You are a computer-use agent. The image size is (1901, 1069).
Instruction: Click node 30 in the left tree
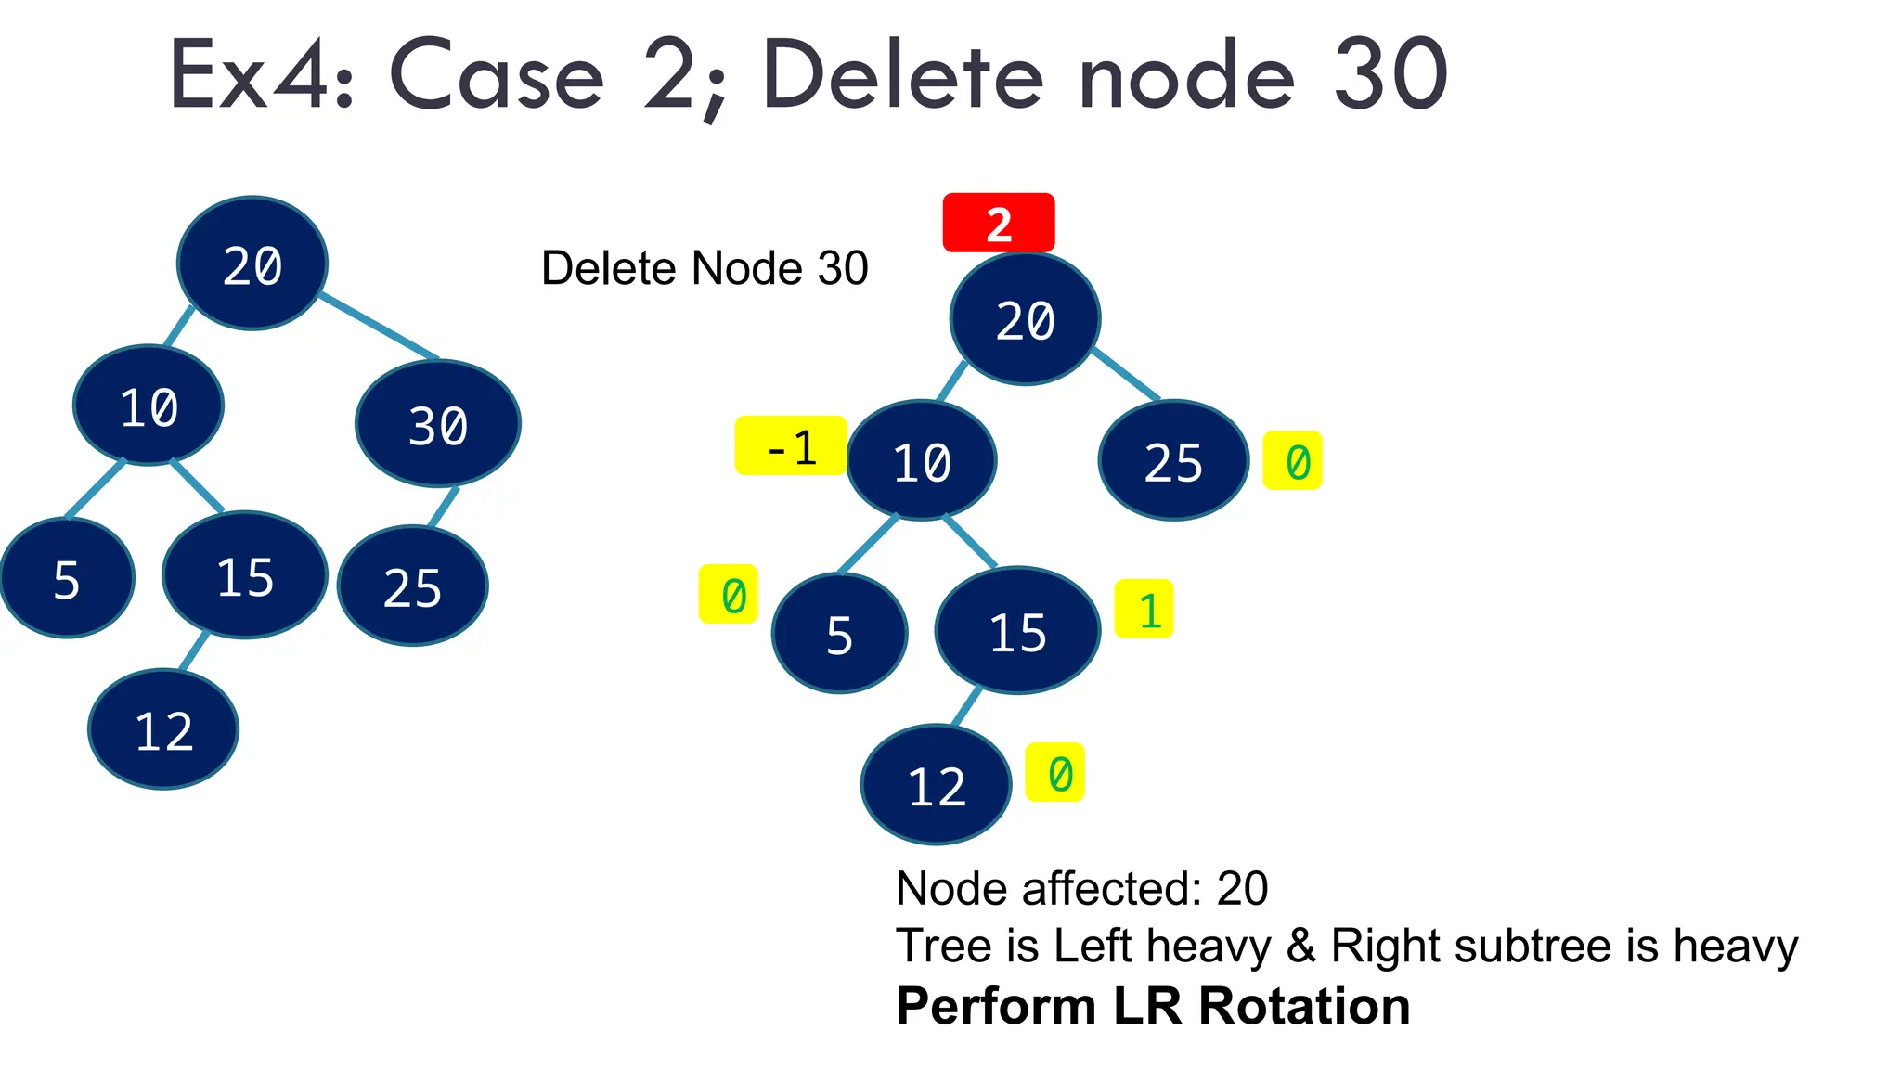438,424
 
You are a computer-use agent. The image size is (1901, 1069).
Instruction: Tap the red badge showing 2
999,223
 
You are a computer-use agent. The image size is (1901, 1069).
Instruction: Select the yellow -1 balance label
790,446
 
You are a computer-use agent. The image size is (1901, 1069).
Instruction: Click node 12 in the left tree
163,729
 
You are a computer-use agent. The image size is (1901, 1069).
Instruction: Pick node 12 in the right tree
936,785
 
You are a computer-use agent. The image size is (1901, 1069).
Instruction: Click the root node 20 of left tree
252,264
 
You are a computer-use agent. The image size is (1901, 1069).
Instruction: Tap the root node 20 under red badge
1025,319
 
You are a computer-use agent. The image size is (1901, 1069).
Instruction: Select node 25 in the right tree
1173,461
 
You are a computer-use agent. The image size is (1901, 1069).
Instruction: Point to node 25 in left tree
413,586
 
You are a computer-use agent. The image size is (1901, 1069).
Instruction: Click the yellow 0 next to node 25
1293,461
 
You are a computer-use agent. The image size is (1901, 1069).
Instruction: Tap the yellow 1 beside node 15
1144,610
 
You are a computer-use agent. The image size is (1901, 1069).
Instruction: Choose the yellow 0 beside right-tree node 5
729,595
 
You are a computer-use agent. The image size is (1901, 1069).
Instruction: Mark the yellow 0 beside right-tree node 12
1055,772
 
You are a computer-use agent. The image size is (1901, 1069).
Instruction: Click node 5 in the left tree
67,579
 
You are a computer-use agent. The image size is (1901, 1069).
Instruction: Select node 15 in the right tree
1017,631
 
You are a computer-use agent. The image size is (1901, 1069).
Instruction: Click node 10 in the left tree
149,406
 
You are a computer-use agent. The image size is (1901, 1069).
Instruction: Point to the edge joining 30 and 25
444,507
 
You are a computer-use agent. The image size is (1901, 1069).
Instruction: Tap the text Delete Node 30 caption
705,268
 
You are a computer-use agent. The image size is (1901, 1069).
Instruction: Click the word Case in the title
497,76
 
